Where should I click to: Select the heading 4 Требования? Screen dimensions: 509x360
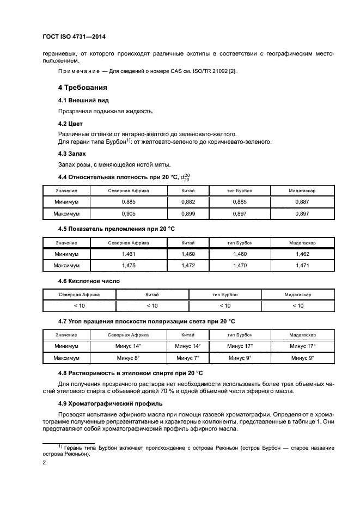(83, 87)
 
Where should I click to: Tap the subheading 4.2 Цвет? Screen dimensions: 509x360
(70, 124)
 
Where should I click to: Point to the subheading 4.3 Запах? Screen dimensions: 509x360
(73, 154)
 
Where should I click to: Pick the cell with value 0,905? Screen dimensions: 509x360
(129, 214)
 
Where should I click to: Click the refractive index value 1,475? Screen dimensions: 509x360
(129, 266)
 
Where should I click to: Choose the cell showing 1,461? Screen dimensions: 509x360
(129, 254)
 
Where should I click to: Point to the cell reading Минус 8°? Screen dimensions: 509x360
(129, 358)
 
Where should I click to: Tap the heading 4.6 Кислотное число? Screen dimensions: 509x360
(89, 281)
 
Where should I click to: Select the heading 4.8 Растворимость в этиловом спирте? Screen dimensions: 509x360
(130, 373)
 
